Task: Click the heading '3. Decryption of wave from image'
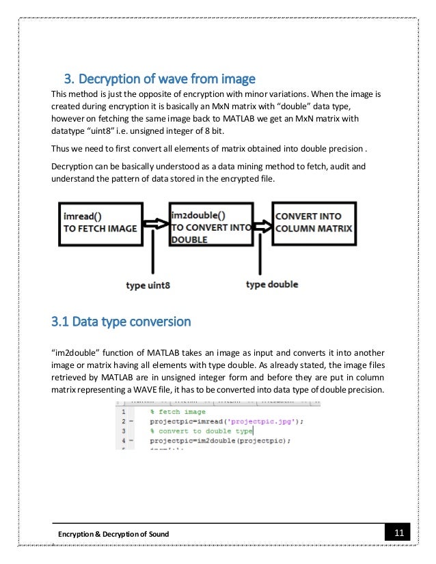[159, 76]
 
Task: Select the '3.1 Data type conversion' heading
[122, 320]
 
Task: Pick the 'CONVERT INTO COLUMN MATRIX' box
[314, 222]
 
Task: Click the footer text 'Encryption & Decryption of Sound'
[113, 533]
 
